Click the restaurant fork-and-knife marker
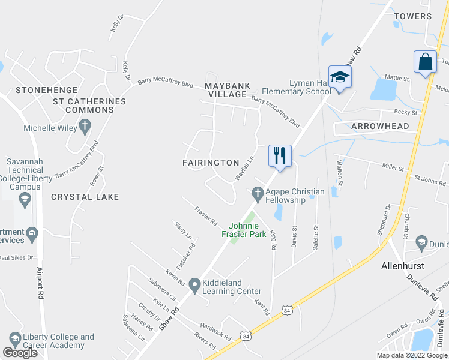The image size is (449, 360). click(279, 155)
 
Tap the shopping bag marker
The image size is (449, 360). click(425, 62)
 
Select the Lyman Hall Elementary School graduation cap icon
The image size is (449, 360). click(340, 77)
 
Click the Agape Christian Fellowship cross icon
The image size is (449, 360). click(258, 193)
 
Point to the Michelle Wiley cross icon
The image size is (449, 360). click(86, 127)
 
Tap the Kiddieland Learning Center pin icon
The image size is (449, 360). click(194, 284)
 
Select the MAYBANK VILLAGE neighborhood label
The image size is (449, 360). click(226, 90)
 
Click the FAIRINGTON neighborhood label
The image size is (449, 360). click(211, 163)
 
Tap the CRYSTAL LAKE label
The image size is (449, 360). click(85, 197)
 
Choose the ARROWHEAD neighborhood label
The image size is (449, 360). click(380, 126)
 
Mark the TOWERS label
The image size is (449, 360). click(413, 16)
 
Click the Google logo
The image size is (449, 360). click(20, 352)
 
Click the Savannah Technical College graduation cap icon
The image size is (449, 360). click(25, 200)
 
